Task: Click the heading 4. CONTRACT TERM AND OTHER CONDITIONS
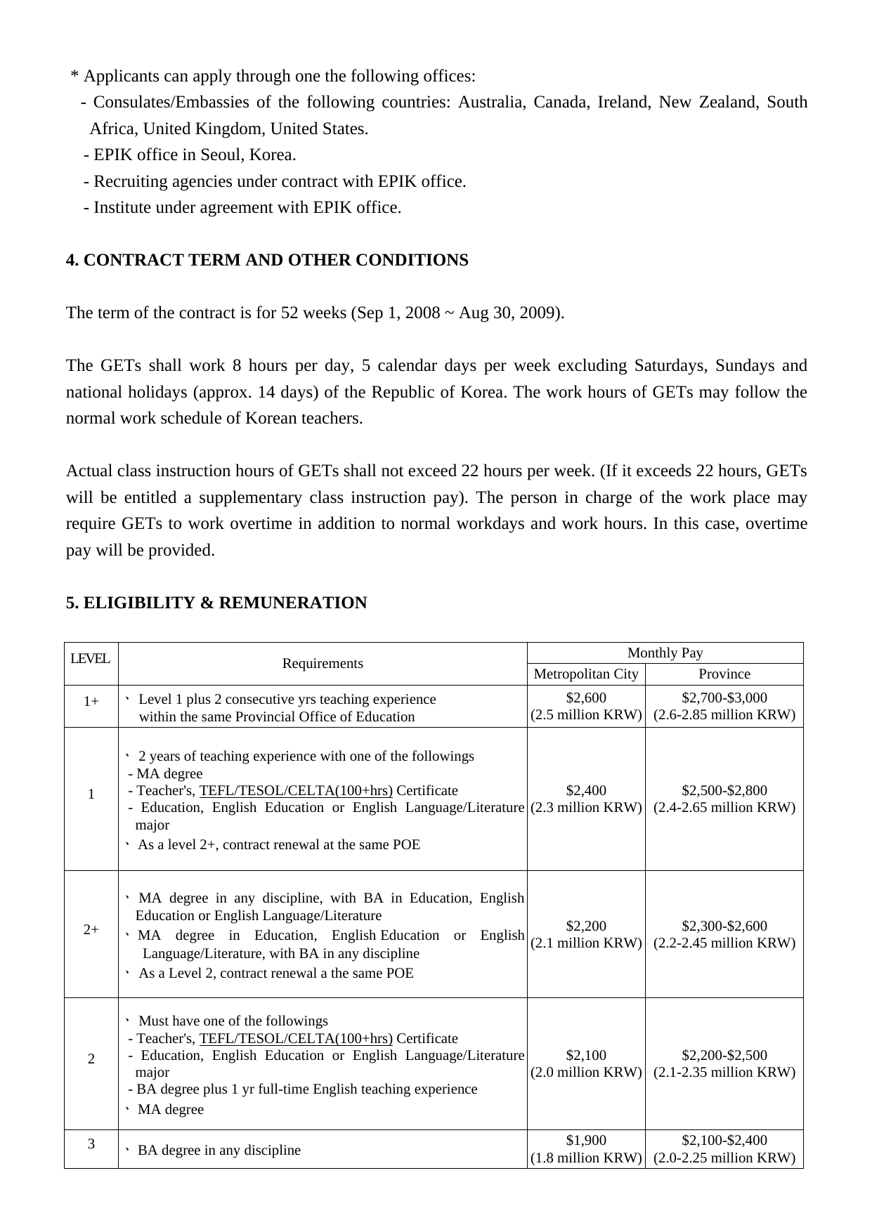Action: tap(267, 261)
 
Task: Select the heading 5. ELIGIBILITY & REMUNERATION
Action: tap(216, 603)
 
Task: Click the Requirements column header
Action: tap(323, 664)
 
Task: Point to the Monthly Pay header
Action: tap(665, 653)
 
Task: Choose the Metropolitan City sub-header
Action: tap(586, 674)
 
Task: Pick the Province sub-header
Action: tap(724, 674)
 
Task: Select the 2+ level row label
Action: tap(91, 930)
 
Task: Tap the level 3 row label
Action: tap(91, 1143)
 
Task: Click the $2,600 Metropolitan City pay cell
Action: tap(586, 706)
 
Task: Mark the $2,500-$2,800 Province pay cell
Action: tap(724, 799)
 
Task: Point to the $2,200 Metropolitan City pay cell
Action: tap(586, 934)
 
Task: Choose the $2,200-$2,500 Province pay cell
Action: tap(724, 1063)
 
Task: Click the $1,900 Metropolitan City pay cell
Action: tap(586, 1148)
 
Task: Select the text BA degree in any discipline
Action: tap(219, 1151)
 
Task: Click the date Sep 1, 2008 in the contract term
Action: tap(398, 313)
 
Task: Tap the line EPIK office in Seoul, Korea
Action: tap(190, 155)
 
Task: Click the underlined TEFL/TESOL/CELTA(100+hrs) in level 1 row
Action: tap(296, 791)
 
